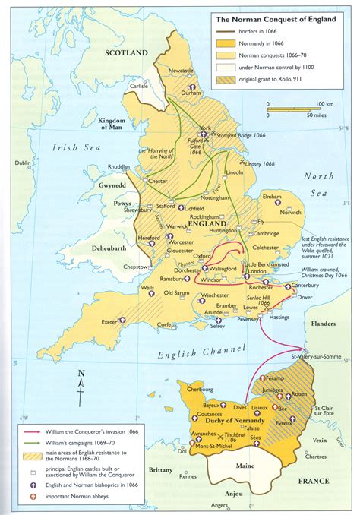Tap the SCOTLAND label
pos(125,54)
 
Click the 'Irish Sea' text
pos(65,147)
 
